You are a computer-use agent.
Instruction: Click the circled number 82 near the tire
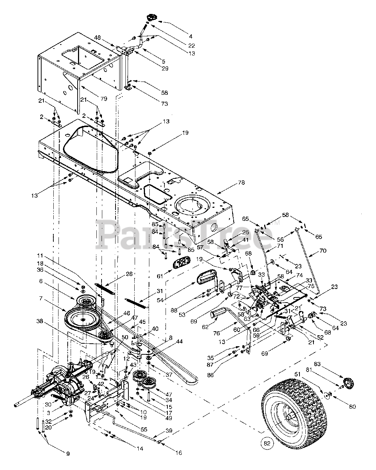click(268, 443)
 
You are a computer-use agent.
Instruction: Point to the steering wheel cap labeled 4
click(151, 17)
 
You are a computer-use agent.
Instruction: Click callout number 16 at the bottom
click(178, 453)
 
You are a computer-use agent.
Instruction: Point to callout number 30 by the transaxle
click(47, 393)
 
